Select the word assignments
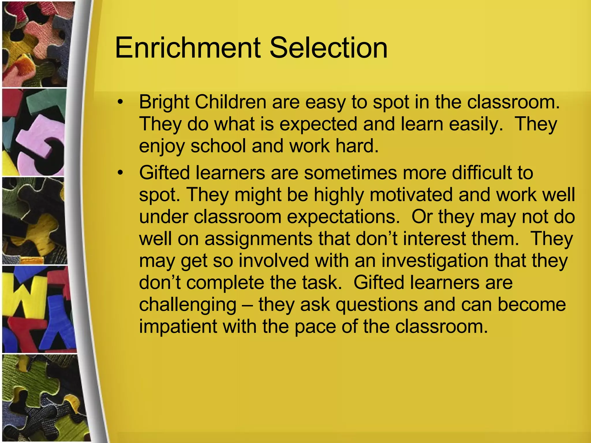tap(258, 239)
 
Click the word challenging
tap(188, 305)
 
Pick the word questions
tap(377, 305)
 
